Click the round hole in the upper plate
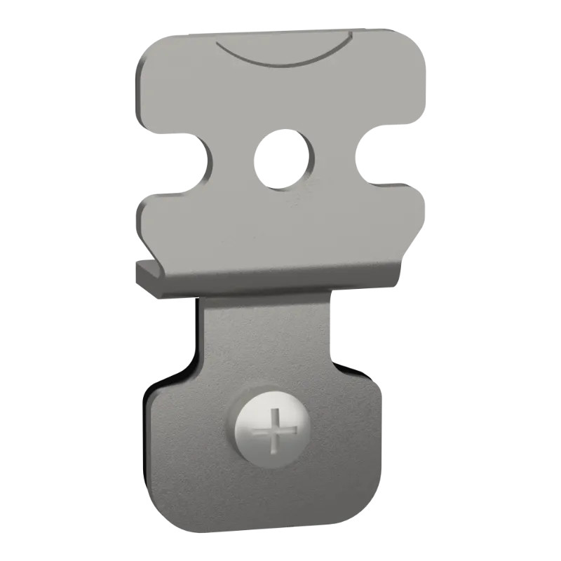coord(285,158)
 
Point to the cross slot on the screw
coord(274,428)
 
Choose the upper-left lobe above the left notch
coord(172,91)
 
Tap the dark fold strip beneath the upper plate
coord(266,283)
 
